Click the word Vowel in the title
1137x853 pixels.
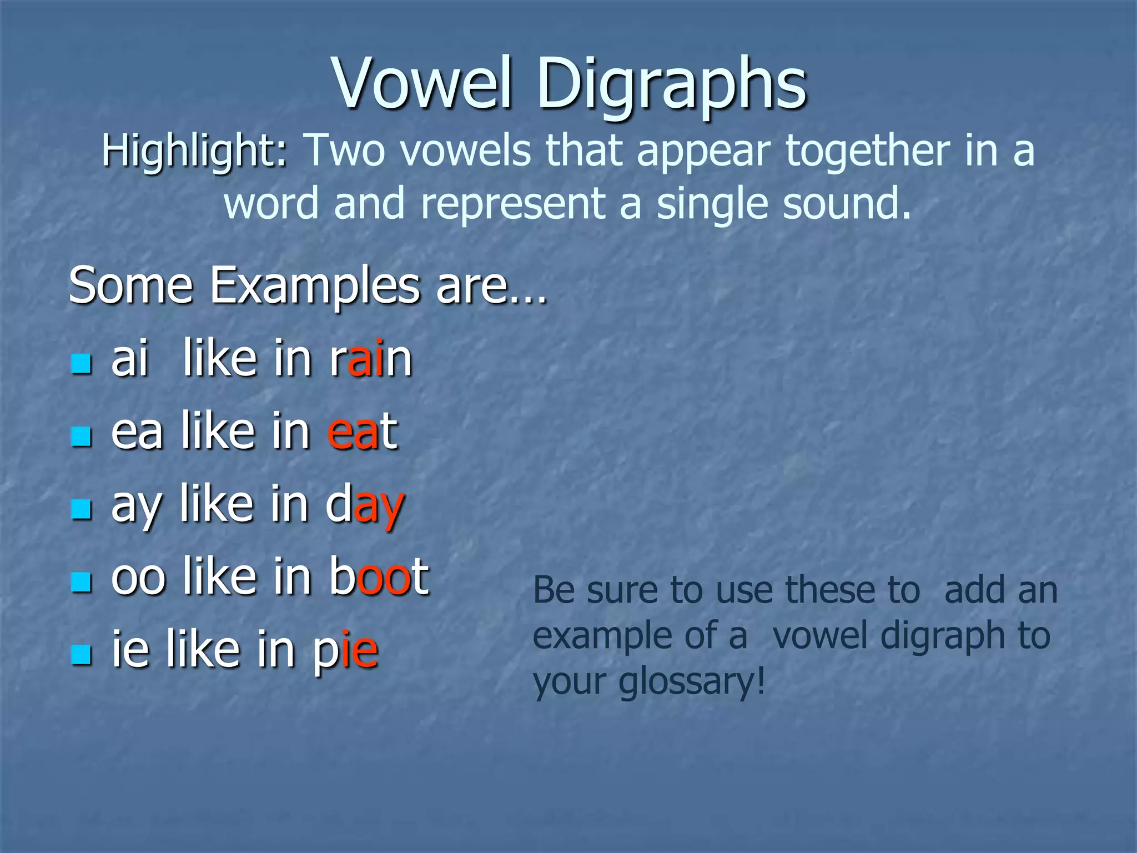(x=422, y=84)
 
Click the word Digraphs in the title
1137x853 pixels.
(x=671, y=84)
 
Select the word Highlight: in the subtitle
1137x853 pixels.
(x=195, y=151)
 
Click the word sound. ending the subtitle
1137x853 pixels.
(x=847, y=203)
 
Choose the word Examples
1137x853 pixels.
(x=314, y=285)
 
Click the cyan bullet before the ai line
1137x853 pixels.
(x=81, y=364)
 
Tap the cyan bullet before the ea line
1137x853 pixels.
(x=81, y=436)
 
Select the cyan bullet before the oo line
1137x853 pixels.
(x=81, y=582)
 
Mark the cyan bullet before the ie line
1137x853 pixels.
(x=81, y=655)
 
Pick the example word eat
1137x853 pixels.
(x=362, y=431)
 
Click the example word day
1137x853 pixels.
(x=365, y=505)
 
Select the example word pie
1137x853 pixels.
(x=345, y=650)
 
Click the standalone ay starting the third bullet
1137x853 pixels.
(x=137, y=505)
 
